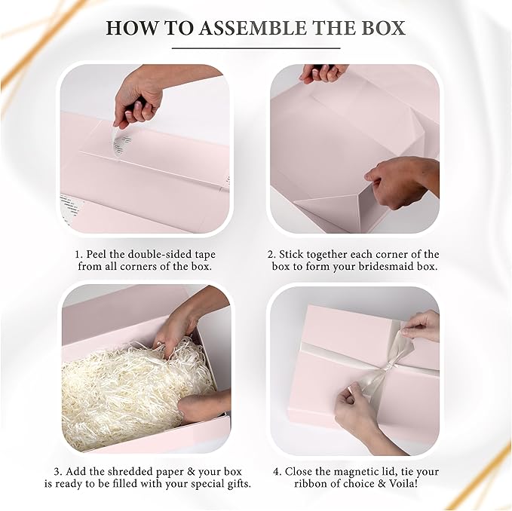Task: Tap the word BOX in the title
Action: pos(382,29)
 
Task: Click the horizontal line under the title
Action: pos(256,48)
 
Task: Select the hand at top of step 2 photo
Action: pos(323,72)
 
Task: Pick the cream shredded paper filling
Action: pos(121,392)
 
